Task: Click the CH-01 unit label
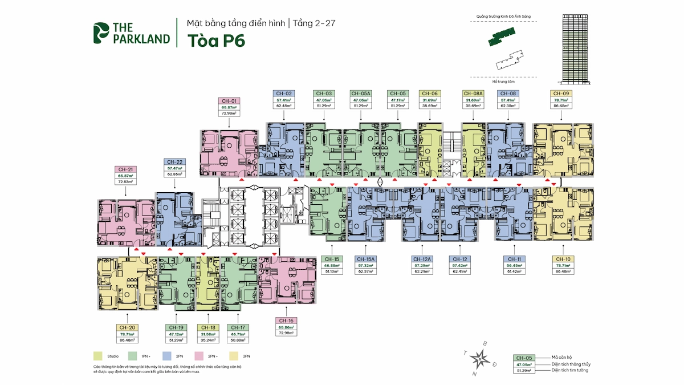(x=229, y=100)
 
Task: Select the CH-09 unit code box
(x=562, y=93)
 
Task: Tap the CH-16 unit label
(x=287, y=321)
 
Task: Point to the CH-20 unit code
(x=127, y=327)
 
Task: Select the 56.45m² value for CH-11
(x=515, y=265)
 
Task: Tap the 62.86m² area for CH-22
(x=174, y=175)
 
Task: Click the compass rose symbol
(x=482, y=359)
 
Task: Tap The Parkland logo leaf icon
(x=100, y=33)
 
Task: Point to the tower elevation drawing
(x=575, y=48)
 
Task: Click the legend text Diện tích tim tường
(x=570, y=370)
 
